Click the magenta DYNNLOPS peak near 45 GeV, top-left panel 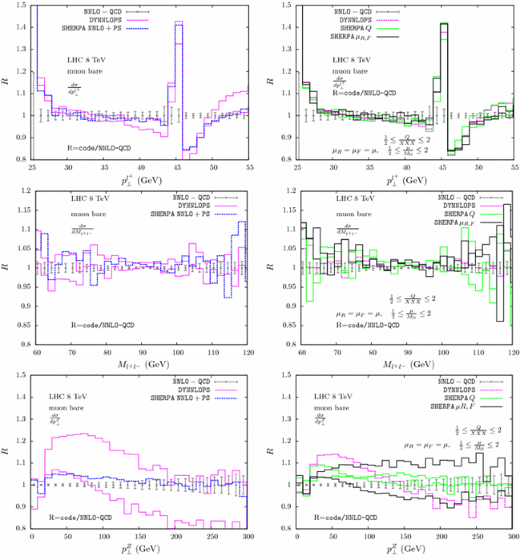178,23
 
